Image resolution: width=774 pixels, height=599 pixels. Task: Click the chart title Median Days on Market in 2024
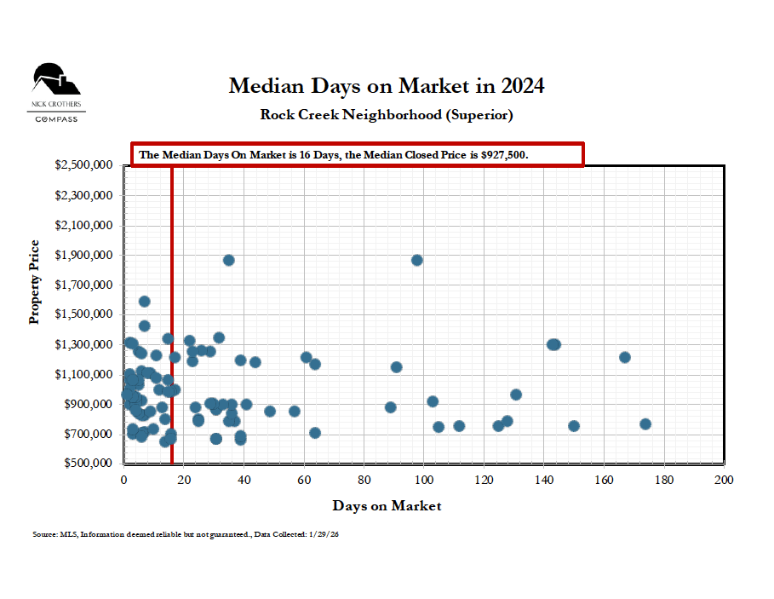[386, 86]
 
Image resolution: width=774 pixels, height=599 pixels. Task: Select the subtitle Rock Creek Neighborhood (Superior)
[386, 114]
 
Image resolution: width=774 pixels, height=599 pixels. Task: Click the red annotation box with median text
[357, 155]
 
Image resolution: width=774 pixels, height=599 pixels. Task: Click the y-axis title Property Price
[35, 282]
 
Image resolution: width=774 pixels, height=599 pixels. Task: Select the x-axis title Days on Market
[387, 506]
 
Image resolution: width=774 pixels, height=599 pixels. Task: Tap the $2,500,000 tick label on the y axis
[83, 165]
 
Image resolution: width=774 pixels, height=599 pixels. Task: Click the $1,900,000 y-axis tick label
[83, 256]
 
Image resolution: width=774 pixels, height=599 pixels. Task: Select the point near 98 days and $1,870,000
[417, 260]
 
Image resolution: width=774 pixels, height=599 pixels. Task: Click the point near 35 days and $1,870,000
[229, 260]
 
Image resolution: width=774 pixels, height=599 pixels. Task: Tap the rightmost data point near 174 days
[645, 424]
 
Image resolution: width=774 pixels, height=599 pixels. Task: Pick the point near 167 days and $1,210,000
[625, 357]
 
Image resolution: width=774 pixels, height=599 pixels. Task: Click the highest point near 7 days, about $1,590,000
[145, 302]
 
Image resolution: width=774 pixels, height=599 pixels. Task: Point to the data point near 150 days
[574, 426]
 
